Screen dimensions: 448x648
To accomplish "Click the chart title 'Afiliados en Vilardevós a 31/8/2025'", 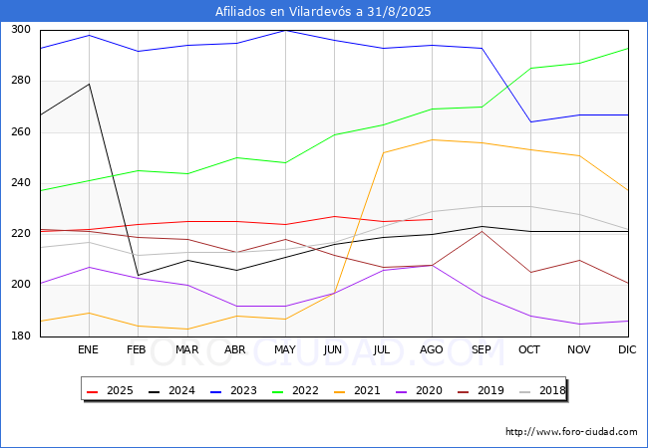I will [324, 11].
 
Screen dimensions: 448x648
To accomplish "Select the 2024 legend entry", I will [167, 390].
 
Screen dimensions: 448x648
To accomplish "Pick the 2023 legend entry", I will [228, 390].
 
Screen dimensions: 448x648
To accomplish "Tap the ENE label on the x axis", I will [89, 350].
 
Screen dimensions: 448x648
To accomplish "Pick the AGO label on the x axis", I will [432, 350].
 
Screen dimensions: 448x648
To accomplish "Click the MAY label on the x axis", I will [285, 350].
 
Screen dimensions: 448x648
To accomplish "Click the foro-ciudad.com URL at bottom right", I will [571, 432].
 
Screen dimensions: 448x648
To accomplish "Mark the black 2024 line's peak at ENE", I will [89, 84].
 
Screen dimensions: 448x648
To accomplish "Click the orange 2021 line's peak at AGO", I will [432, 139].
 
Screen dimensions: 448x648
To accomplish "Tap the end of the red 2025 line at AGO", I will [432, 220].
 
